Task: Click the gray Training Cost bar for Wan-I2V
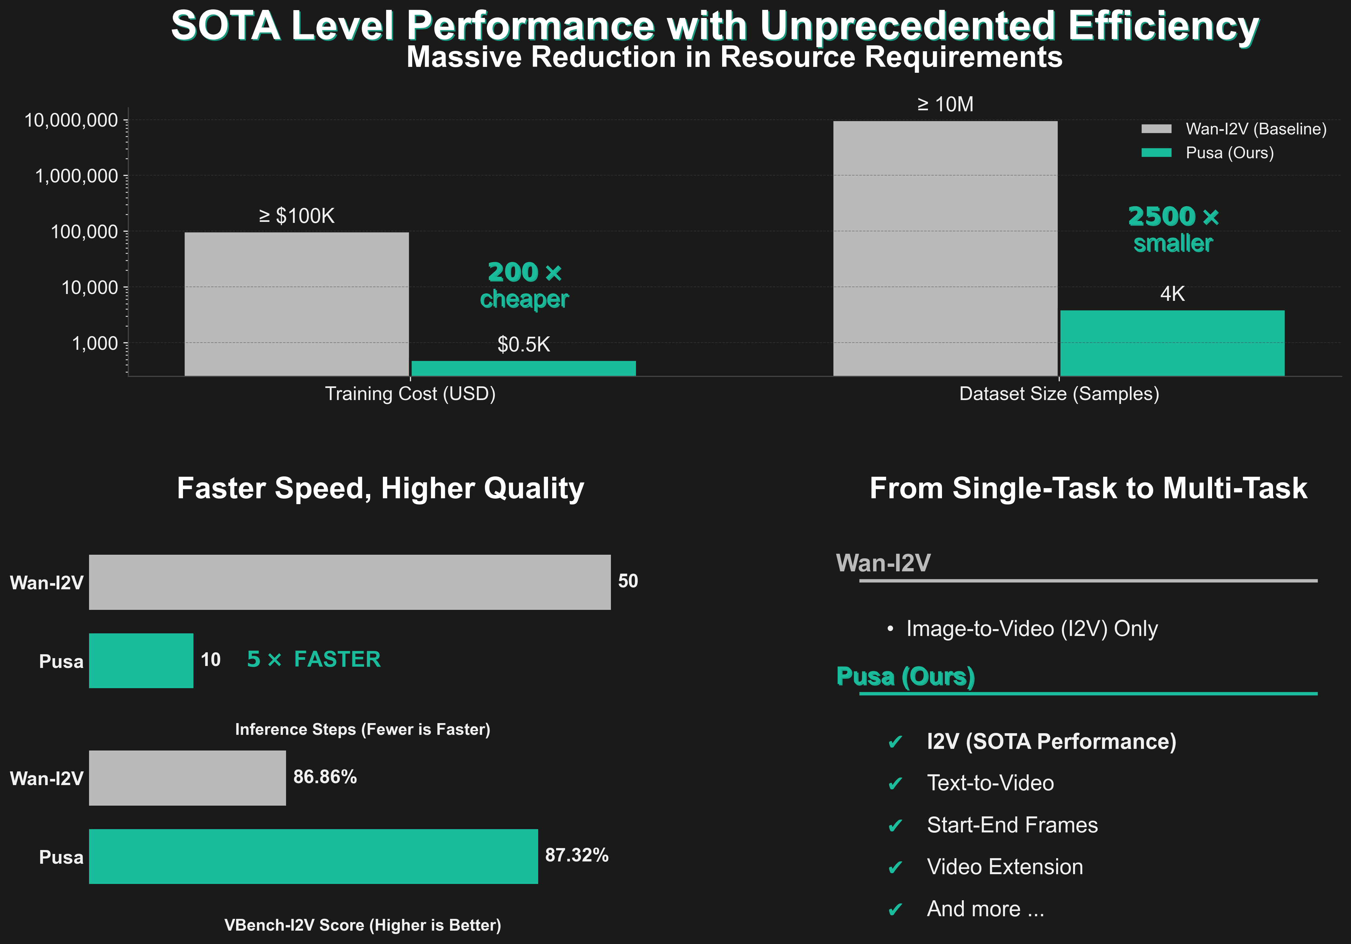(296, 304)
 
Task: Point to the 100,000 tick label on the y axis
(84, 232)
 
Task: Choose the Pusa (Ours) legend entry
(1229, 153)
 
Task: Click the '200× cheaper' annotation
(524, 286)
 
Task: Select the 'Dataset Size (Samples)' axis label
(1058, 394)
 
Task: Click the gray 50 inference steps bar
(350, 582)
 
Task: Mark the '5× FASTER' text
(314, 659)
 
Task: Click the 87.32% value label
(577, 855)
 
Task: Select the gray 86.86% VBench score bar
(187, 778)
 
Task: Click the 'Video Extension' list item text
(1004, 867)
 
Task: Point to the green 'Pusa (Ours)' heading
(905, 677)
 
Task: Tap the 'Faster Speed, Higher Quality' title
(380, 488)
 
